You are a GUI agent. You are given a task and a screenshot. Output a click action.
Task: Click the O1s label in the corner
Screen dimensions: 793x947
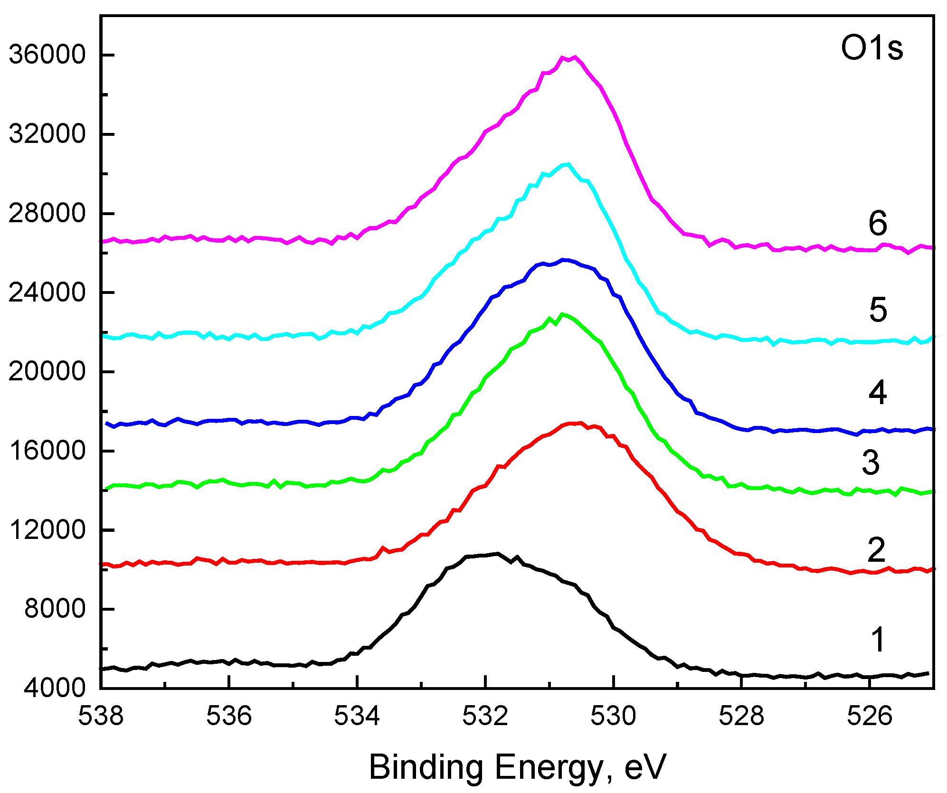tap(871, 48)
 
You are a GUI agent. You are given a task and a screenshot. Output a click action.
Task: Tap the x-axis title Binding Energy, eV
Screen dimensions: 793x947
tap(517, 767)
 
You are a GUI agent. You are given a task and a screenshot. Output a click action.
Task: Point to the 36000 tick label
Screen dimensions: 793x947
tap(47, 55)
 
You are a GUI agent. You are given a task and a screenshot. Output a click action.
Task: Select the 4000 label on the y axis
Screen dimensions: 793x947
tap(55, 688)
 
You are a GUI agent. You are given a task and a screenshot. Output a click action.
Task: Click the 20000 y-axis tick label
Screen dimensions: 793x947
tap(47, 371)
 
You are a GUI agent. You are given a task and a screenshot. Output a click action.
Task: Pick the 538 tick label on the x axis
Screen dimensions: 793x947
tap(101, 715)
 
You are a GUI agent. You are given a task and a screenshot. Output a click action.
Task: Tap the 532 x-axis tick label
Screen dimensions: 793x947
tap(485, 715)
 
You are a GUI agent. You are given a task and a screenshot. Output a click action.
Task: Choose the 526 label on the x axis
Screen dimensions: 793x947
tap(869, 715)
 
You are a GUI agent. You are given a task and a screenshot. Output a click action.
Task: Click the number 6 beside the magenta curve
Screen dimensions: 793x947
tap(878, 223)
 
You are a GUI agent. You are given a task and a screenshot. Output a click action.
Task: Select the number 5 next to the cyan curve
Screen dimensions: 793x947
tap(878, 310)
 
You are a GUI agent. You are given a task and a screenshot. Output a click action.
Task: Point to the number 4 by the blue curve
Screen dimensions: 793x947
tap(878, 393)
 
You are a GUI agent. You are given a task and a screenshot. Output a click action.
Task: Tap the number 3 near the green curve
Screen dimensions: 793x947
tap(871, 463)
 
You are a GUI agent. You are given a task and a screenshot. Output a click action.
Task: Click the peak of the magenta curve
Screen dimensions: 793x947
tap(575, 57)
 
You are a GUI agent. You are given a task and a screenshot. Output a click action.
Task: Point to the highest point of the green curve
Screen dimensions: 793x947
tap(563, 314)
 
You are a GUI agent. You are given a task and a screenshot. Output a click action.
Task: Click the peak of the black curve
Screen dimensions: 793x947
tap(497, 554)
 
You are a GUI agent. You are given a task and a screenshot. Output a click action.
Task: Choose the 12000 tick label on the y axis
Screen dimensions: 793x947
tap(47, 529)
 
